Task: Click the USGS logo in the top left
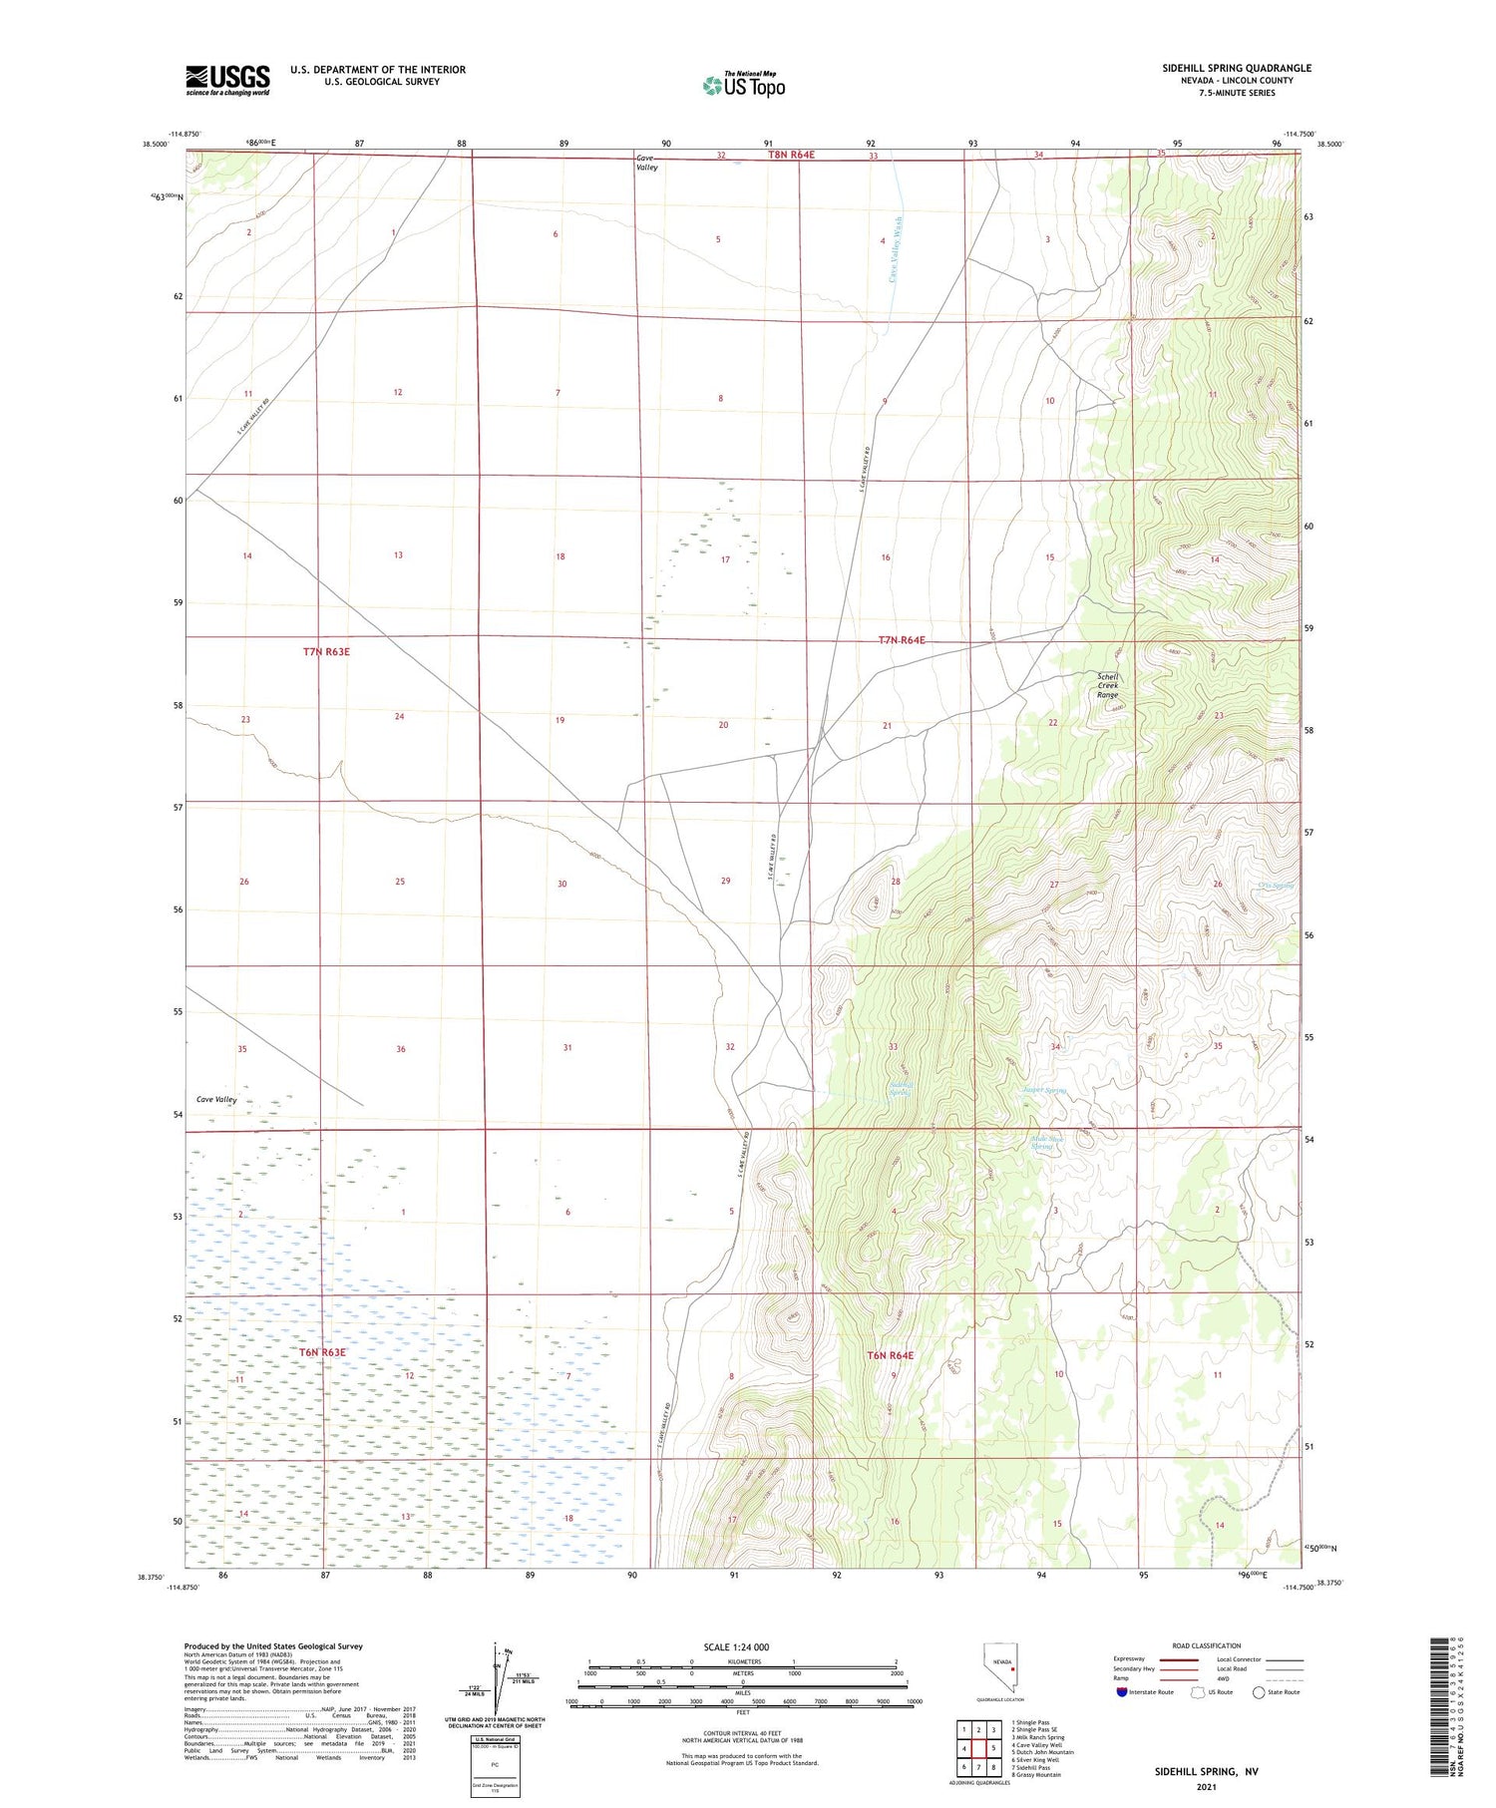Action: pyautogui.click(x=227, y=80)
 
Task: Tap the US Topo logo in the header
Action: pyautogui.click(x=743, y=85)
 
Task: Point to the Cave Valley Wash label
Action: pyautogui.click(x=896, y=249)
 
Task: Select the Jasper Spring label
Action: pyautogui.click(x=1044, y=1090)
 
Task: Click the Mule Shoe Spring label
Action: pyautogui.click(x=1043, y=1143)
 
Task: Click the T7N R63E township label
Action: pyautogui.click(x=326, y=652)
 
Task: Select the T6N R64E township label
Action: pyautogui.click(x=890, y=1355)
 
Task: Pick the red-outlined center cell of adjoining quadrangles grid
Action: pyautogui.click(x=978, y=1748)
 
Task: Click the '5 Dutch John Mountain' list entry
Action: pyautogui.click(x=1042, y=1752)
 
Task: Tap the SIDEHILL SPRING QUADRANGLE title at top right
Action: pyautogui.click(x=1236, y=68)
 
